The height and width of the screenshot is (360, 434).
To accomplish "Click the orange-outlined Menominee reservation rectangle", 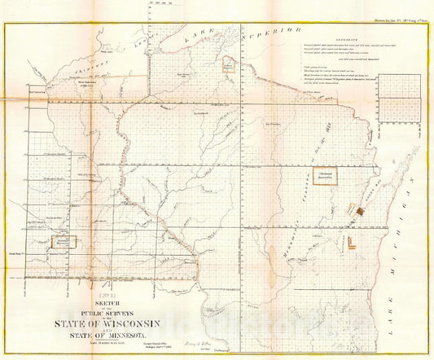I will pyautogui.click(x=325, y=174).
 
